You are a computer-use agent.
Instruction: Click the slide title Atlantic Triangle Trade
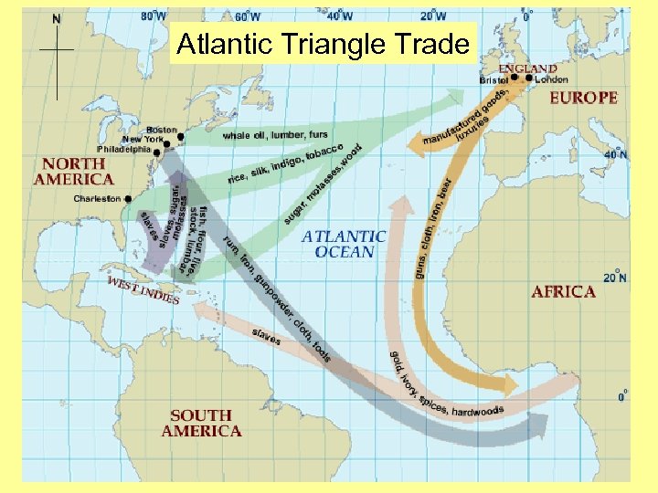324,44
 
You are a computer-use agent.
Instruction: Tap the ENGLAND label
527,68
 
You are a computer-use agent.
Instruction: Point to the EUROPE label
583,98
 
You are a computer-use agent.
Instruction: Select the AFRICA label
563,291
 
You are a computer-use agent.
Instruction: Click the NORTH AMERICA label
74,171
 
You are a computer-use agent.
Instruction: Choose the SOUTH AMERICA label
201,423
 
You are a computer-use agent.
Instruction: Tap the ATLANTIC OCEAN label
344,243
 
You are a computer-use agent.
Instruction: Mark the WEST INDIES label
143,291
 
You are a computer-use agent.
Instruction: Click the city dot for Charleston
128,198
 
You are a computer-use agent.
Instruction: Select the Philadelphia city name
123,149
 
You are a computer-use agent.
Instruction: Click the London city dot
530,78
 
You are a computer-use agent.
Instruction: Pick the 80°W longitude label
154,16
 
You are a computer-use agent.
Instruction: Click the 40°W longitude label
341,16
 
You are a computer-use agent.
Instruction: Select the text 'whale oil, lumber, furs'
275,135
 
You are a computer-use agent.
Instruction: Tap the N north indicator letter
57,18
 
